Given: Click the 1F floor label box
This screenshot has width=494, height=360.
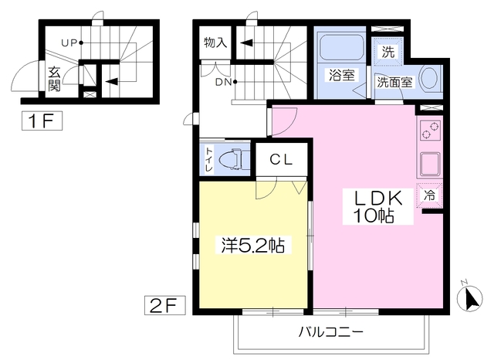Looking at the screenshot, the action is pyautogui.click(x=42, y=121).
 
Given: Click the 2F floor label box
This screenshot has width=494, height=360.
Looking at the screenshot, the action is pyautogui.click(x=164, y=305).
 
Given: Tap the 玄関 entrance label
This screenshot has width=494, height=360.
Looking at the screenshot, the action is pyautogui.click(x=54, y=79).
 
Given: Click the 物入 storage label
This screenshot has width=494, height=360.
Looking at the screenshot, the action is pyautogui.click(x=215, y=42).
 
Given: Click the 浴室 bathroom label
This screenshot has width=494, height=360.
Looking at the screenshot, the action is pyautogui.click(x=342, y=76).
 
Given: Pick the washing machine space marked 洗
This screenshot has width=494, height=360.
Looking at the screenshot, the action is pyautogui.click(x=387, y=52).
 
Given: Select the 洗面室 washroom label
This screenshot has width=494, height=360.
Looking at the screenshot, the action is pyautogui.click(x=394, y=83).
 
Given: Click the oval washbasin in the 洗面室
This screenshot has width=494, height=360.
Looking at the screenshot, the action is pyautogui.click(x=429, y=78).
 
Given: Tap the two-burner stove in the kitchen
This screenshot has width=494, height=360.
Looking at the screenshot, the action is pyautogui.click(x=430, y=131).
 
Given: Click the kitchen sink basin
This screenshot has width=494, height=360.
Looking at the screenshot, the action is pyautogui.click(x=430, y=164).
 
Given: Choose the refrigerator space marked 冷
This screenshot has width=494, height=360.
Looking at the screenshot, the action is pyautogui.click(x=429, y=195).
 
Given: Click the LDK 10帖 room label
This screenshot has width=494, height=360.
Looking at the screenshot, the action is pyautogui.click(x=378, y=207).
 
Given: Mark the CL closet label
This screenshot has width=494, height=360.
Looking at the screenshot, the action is pyautogui.click(x=281, y=159).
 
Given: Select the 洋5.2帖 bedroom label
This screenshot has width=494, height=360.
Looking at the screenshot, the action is pyautogui.click(x=253, y=245).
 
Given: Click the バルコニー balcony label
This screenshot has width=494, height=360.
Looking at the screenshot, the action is pyautogui.click(x=331, y=331).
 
